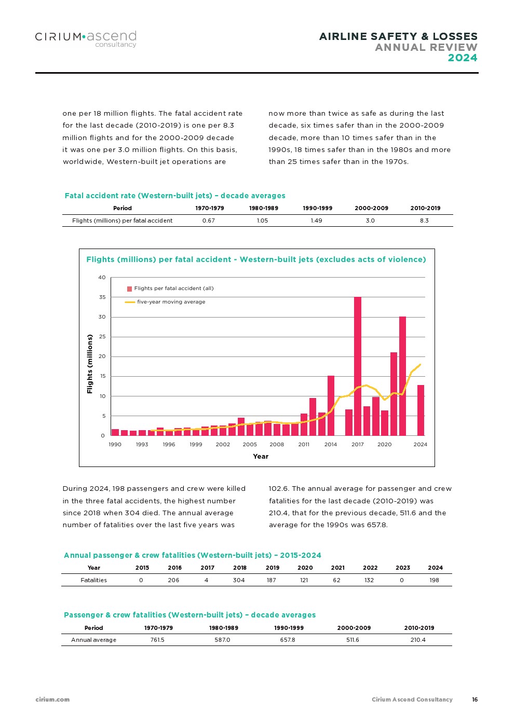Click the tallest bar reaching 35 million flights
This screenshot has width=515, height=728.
[358, 366]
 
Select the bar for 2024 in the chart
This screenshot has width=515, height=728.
[421, 410]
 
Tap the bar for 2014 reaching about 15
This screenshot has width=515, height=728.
[331, 405]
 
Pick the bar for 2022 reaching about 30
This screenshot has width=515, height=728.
[402, 376]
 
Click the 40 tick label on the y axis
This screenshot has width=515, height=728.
[102, 278]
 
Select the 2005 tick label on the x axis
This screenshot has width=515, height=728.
[250, 445]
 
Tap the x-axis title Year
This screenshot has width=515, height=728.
[261, 457]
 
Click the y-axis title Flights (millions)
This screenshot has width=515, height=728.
[90, 364]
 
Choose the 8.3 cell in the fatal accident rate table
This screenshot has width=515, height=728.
[424, 221]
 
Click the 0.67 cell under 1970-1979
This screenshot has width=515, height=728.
[209, 221]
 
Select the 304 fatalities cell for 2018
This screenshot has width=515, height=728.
[239, 580]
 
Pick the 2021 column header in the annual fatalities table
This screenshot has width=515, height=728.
[337, 568]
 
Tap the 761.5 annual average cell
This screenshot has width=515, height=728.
[157, 640]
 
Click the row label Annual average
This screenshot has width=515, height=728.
[94, 640]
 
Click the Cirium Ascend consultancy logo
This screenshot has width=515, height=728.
[86, 39]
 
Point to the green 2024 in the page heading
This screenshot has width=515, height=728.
[463, 58]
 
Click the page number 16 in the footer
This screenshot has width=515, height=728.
[475, 699]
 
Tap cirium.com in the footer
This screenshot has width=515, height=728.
[52, 699]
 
